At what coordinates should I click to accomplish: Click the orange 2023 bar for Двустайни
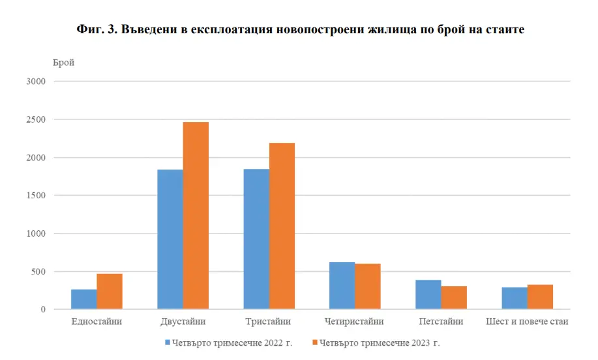click(x=196, y=215)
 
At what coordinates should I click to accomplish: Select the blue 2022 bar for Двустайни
click(x=170, y=239)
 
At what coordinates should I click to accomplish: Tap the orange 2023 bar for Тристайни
click(x=282, y=226)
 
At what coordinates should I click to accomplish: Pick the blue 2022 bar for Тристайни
click(x=256, y=239)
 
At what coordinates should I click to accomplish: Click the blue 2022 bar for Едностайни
click(x=84, y=299)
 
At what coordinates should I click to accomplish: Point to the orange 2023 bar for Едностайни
click(x=110, y=292)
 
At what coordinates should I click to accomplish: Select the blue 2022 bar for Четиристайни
click(x=342, y=286)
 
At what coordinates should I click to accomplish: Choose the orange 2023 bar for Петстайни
click(x=454, y=297)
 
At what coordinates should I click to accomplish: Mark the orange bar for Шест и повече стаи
click(x=540, y=297)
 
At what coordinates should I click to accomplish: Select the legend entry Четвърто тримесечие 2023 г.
click(x=381, y=342)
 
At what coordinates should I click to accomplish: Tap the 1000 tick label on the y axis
click(x=37, y=233)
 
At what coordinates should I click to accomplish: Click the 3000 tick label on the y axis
click(x=37, y=82)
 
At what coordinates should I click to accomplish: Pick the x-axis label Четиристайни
click(x=355, y=322)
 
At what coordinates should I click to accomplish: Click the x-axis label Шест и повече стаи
click(x=528, y=322)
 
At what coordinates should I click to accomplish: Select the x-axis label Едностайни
click(x=97, y=322)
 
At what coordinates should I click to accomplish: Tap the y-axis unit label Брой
click(x=63, y=63)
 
